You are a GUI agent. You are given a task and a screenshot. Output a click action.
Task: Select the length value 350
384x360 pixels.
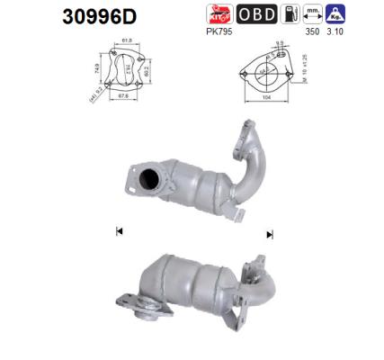(312, 32)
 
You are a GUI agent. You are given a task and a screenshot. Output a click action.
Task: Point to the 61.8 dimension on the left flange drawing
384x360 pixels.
(127, 40)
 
